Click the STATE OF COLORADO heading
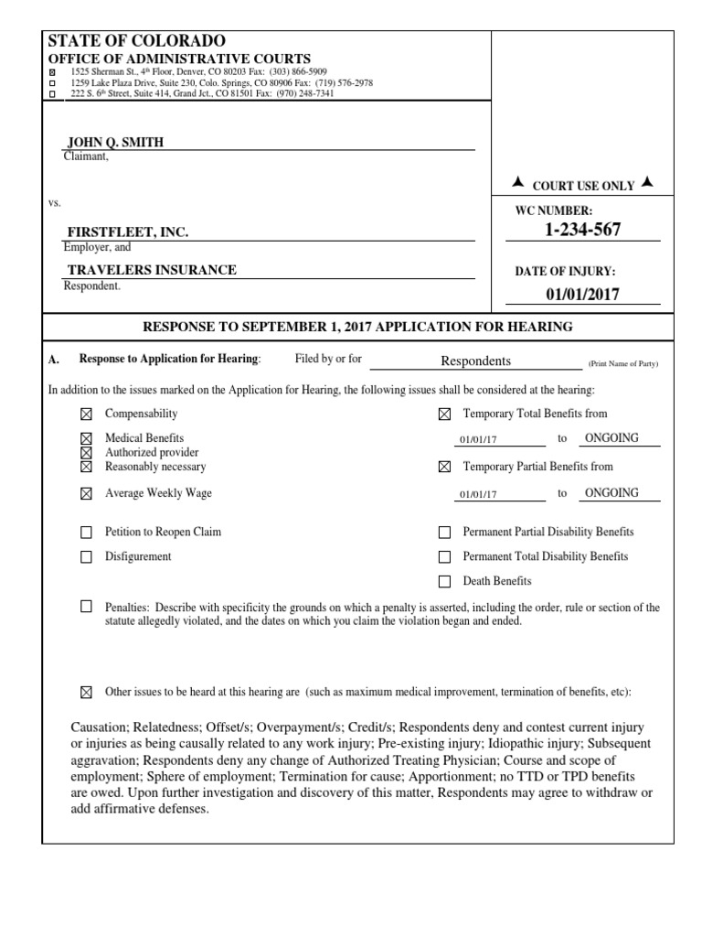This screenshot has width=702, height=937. tap(135, 41)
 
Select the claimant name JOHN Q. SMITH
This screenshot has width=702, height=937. tap(116, 142)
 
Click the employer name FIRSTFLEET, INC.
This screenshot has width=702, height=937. tap(128, 233)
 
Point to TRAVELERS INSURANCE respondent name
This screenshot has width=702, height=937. tap(152, 270)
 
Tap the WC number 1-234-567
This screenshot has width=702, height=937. tap(582, 230)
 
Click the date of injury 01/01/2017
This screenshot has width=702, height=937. tap(582, 294)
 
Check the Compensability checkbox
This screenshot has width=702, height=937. tap(87, 415)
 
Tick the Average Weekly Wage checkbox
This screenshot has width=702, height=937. tap(87, 494)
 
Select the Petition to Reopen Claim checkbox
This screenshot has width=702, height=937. tap(87, 533)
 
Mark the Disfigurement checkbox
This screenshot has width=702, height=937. tap(87, 557)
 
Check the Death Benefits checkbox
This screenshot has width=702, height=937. tap(445, 582)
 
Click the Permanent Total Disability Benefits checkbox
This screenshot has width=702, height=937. tap(445, 557)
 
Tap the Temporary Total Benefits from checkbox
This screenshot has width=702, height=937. tap(445, 415)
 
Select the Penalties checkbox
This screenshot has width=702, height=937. tap(87, 607)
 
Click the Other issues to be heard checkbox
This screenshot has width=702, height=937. tap(87, 692)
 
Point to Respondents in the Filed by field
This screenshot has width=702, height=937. tap(475, 361)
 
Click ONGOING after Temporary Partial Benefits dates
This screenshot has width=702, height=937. tap(612, 493)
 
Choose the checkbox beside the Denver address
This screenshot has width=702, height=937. tap(51, 72)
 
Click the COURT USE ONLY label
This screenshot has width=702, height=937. tap(582, 186)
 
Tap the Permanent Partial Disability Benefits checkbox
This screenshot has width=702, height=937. tap(445, 533)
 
